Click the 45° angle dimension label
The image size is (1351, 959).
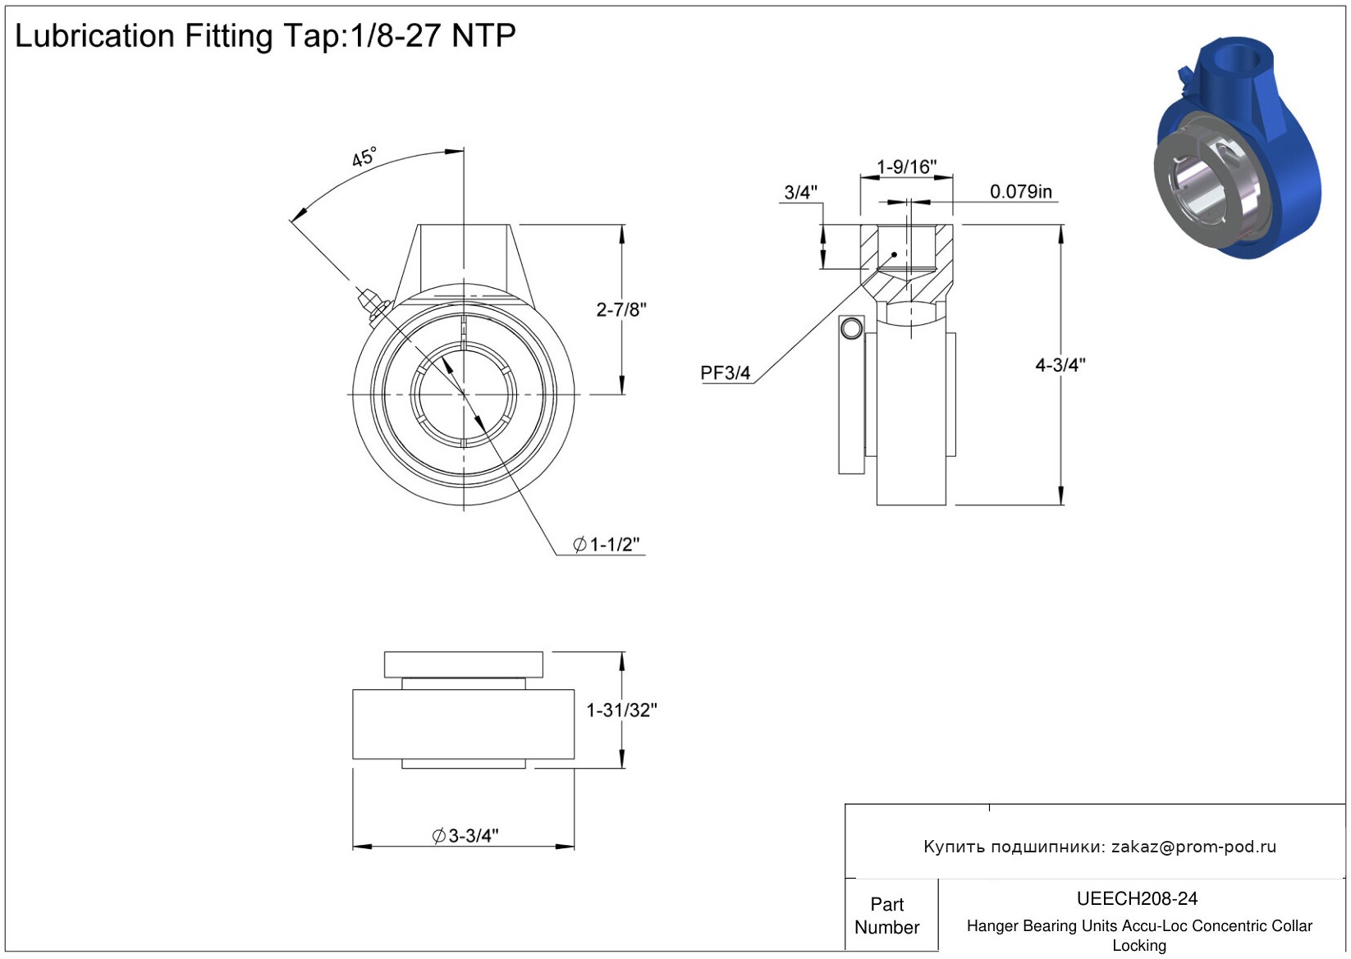[x=364, y=157]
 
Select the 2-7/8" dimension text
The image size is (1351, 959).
[x=621, y=310]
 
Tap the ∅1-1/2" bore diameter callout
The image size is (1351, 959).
[x=607, y=545]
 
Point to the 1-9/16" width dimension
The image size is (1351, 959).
[x=906, y=167]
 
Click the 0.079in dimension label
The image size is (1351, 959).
[x=1020, y=192]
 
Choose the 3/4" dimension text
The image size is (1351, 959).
[x=800, y=193]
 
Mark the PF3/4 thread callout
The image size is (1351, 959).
[x=725, y=373]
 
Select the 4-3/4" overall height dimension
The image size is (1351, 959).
[x=1060, y=365]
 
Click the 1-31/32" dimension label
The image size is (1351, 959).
[x=621, y=710]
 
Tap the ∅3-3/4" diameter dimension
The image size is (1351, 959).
[x=465, y=836]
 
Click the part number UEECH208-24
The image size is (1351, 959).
[x=1137, y=899]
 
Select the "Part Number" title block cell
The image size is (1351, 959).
[x=886, y=916]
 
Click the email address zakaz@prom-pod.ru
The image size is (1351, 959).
[x=1193, y=847]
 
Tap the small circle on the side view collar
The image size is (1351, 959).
[x=851, y=328]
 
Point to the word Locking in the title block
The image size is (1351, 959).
[x=1138, y=946]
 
